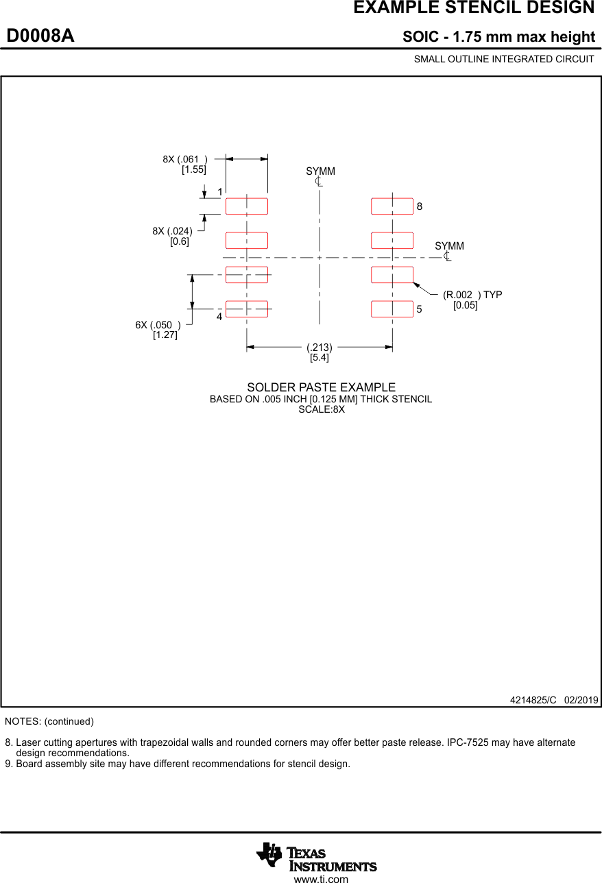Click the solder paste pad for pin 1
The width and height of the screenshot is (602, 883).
247,206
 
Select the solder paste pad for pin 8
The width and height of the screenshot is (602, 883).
392,206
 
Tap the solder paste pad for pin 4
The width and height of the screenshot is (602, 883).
247,309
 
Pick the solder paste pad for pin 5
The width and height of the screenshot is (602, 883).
392,309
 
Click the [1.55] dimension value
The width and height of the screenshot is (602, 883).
193,170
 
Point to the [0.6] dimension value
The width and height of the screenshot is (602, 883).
180,241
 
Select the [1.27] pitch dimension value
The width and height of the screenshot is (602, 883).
165,335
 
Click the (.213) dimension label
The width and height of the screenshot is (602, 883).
320,347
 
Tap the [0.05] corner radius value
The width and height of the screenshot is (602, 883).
465,305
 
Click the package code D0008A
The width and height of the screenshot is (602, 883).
40,36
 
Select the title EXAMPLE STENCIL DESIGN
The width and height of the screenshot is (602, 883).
474,8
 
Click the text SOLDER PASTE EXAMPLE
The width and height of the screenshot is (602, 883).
321,387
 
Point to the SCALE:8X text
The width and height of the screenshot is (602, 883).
321,410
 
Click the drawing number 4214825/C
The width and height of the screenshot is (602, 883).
533,700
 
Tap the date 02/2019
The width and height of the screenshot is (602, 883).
581,700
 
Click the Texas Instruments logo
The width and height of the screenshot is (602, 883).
316,856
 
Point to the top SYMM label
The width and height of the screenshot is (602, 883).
320,171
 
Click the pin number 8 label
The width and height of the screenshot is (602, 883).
420,206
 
